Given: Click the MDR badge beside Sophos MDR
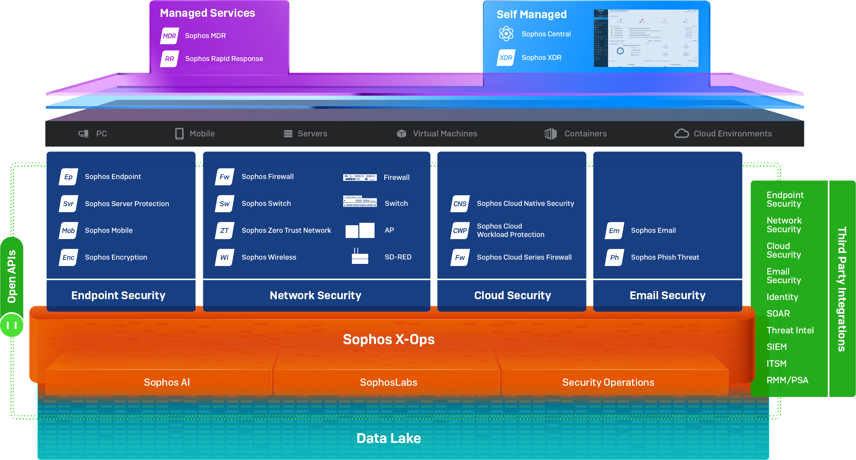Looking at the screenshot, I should (169, 36).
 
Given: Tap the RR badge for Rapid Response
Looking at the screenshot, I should (169, 59).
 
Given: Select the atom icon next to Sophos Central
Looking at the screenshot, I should (506, 34).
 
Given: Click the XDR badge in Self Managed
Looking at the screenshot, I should (506, 57).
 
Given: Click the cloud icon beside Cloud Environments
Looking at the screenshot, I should (681, 133).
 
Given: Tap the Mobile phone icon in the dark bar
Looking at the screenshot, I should (179, 133).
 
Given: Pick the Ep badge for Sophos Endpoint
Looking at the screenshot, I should (69, 176).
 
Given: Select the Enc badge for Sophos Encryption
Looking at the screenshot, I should (69, 257).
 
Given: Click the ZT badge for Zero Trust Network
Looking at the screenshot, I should (224, 231).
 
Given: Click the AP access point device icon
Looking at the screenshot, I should (360, 230).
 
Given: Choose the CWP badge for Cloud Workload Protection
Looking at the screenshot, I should (460, 231).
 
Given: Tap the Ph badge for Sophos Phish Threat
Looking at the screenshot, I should (614, 257).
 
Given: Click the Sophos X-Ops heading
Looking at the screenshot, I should (389, 339).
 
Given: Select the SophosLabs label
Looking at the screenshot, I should (389, 382).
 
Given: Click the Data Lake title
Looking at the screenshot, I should (389, 438).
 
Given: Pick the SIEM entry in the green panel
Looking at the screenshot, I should (777, 347).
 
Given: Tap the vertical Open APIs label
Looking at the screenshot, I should (12, 276).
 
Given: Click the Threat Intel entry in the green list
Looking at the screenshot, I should (790, 330).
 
